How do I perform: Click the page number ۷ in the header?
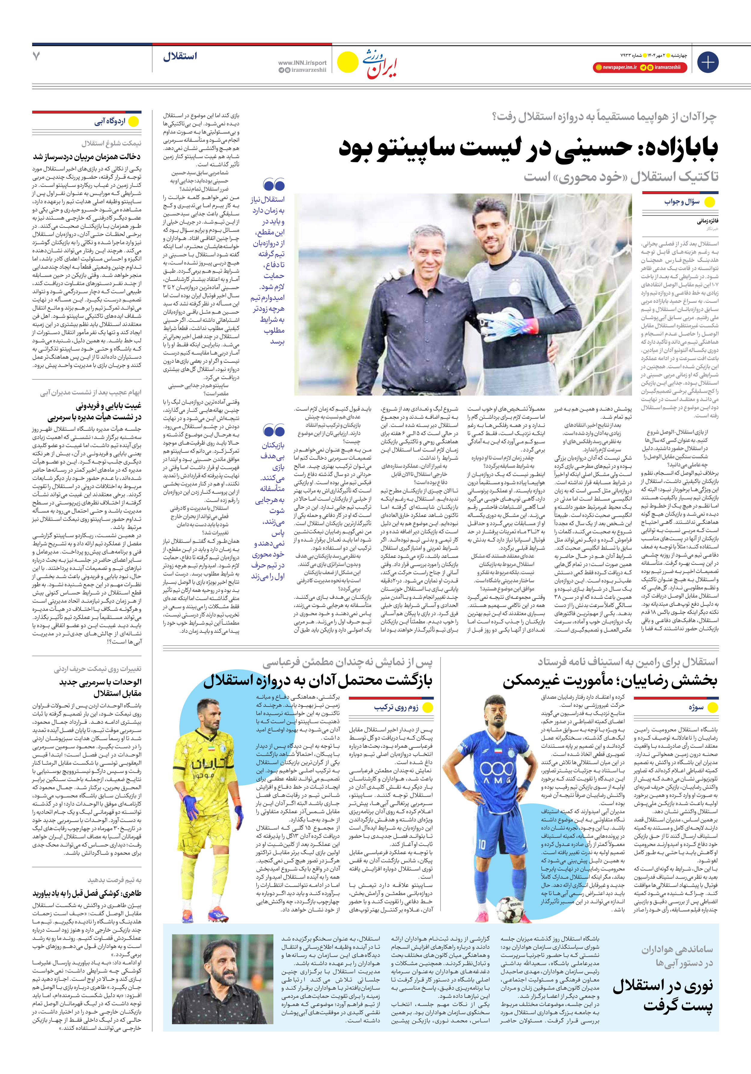(36, 56)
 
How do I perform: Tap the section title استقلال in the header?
(180, 57)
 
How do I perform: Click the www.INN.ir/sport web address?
(302, 63)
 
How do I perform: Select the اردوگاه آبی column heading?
(110, 122)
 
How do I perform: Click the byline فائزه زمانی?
(707, 221)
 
